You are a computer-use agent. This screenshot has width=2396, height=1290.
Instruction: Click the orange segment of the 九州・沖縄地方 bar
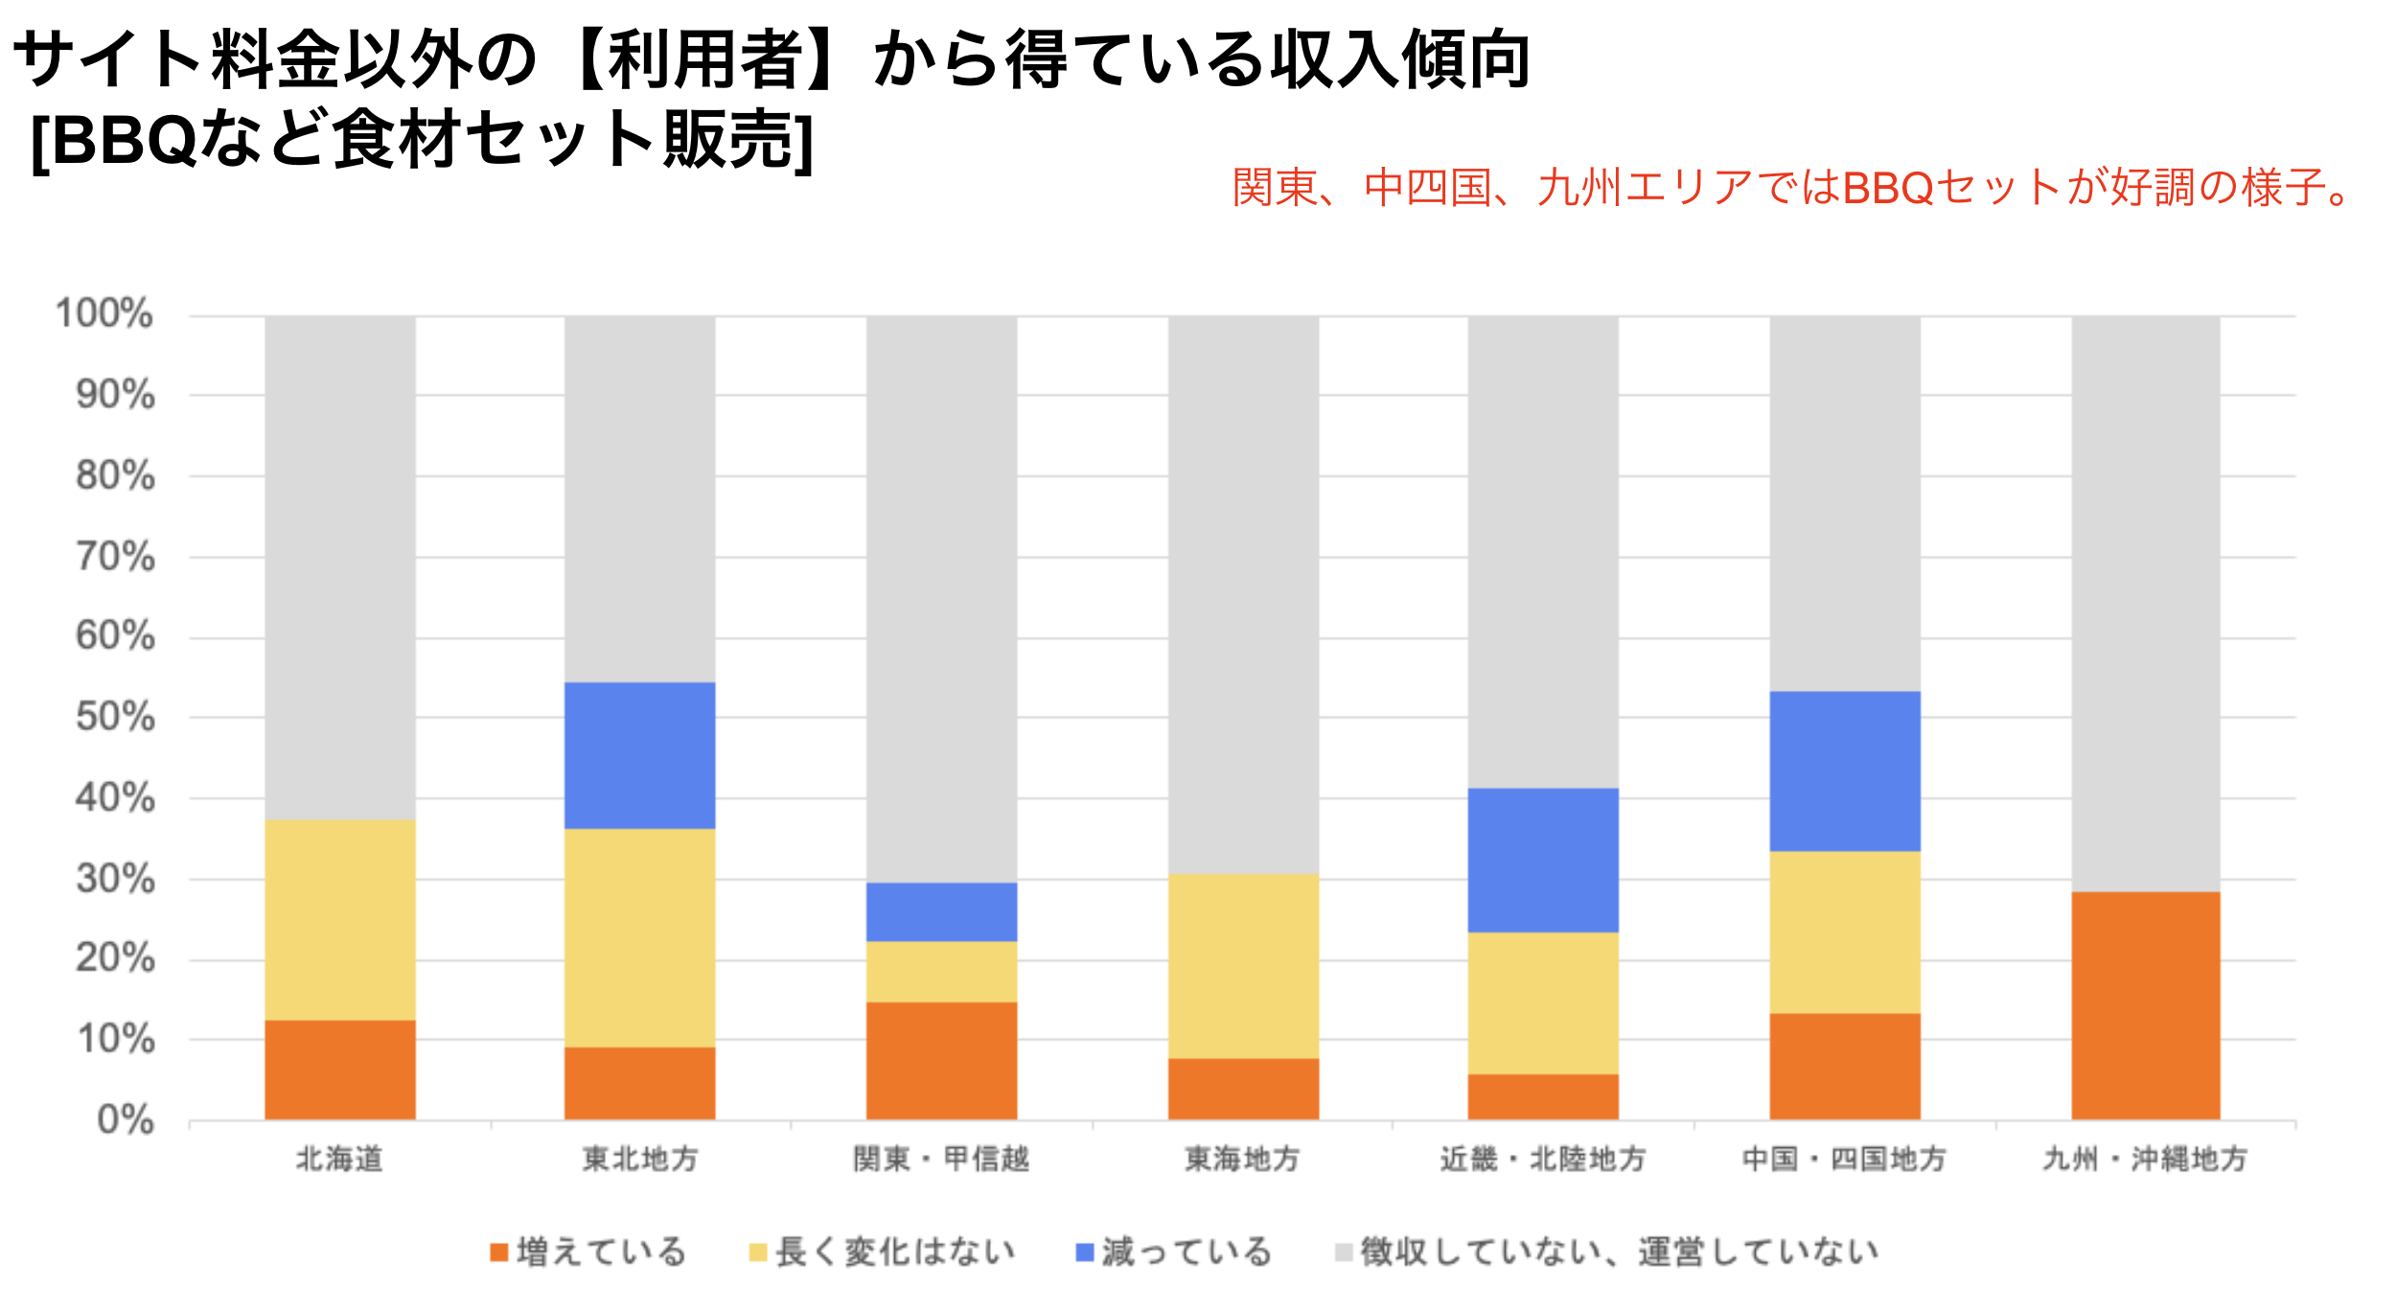(x=2145, y=1005)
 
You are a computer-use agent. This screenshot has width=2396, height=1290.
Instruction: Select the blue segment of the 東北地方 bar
(x=639, y=755)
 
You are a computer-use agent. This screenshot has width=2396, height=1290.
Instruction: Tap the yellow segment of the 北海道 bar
(x=340, y=920)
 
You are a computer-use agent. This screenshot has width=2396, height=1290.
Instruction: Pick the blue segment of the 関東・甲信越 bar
(x=941, y=911)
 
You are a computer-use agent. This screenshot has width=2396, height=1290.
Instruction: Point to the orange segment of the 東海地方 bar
(x=1243, y=1089)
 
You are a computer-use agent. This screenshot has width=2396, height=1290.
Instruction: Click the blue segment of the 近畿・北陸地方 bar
(x=1543, y=860)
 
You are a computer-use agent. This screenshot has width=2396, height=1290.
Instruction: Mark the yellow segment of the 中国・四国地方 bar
(x=1844, y=933)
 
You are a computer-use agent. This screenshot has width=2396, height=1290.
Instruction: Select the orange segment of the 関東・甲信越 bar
(x=941, y=1061)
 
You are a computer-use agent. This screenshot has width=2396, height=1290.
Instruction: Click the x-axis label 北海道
(x=339, y=1160)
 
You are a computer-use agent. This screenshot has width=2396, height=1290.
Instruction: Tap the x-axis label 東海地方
(x=1242, y=1160)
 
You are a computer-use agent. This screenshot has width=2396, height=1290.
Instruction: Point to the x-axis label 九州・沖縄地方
(x=2145, y=1160)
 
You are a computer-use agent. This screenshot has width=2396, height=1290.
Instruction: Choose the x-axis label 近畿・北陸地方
(x=1543, y=1160)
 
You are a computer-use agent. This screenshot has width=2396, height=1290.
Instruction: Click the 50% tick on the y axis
(x=116, y=717)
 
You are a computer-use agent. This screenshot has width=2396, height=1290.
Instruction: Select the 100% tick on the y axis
(x=104, y=313)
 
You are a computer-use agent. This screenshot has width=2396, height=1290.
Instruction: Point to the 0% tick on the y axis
(x=126, y=1119)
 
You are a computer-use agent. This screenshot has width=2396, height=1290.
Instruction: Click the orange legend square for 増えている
(x=498, y=1252)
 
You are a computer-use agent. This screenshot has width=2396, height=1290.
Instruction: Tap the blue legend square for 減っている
(x=1085, y=1252)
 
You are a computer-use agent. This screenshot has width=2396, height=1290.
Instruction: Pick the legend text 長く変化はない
(x=895, y=1252)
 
